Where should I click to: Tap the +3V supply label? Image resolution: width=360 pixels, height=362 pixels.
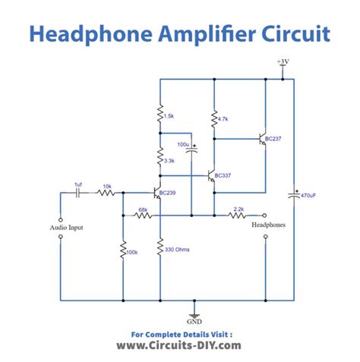pyautogui.click(x=282, y=60)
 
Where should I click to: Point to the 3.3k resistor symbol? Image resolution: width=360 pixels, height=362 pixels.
pyautogui.click(x=161, y=159)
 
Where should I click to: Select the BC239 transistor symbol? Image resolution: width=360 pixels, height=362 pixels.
pyautogui.click(x=159, y=194)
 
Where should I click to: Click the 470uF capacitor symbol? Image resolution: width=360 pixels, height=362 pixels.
pyautogui.click(x=293, y=196)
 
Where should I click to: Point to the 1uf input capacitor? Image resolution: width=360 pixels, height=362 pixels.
pyautogui.click(x=78, y=194)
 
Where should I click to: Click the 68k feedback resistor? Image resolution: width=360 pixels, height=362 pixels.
pyautogui.click(x=142, y=216)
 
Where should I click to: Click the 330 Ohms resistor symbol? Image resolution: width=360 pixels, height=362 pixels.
pyautogui.click(x=161, y=249)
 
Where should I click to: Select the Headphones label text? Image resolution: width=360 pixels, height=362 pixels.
pyautogui.click(x=265, y=225)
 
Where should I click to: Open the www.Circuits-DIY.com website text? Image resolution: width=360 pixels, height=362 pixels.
pyautogui.click(x=179, y=345)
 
